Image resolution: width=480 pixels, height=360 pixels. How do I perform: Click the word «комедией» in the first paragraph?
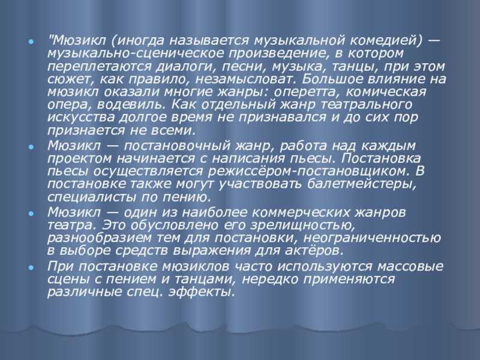[386, 40]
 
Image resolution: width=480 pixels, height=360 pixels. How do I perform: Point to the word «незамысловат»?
[246, 79]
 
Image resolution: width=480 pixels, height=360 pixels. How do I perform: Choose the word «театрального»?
[367, 105]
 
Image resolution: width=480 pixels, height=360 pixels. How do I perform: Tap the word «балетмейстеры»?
[362, 184]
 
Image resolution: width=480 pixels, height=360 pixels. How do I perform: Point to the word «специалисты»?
[91, 197]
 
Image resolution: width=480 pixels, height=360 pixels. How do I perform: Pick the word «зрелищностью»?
[303, 226]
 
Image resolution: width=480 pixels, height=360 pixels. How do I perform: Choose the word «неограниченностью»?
[372, 238]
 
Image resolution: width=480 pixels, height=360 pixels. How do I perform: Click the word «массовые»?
[410, 266]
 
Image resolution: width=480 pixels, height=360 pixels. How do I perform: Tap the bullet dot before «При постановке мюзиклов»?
[31, 268]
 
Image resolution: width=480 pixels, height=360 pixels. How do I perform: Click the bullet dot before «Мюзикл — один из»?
[31, 214]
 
